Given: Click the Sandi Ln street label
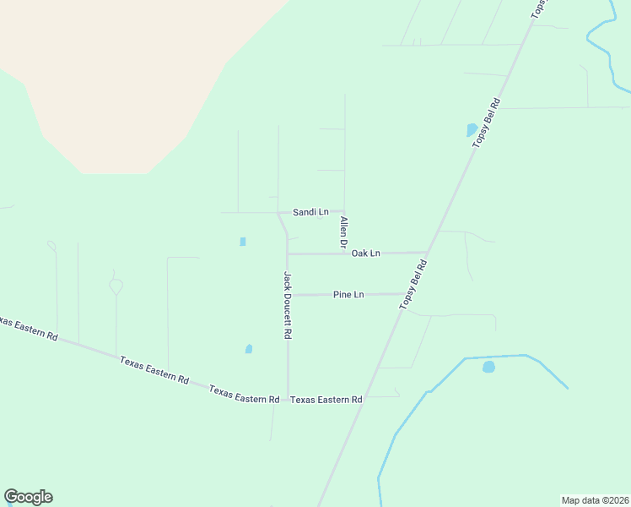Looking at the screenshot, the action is click(x=310, y=212).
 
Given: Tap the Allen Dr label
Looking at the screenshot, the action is click(x=343, y=232).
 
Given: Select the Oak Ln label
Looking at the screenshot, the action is click(x=366, y=253).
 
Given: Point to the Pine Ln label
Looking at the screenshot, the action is click(x=348, y=295).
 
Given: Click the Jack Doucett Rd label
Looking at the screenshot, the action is click(x=288, y=305).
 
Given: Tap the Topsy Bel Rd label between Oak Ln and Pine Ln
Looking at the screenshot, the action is click(x=414, y=284).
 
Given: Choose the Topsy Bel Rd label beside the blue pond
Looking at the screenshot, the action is click(x=487, y=123).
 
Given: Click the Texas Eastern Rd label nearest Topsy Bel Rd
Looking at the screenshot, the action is click(x=326, y=400).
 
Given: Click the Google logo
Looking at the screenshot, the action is click(x=28, y=497).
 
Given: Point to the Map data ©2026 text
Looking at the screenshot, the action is click(x=595, y=500).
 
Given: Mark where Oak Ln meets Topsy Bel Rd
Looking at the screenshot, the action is click(x=428, y=253).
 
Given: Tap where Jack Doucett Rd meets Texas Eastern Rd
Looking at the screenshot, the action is click(x=288, y=398).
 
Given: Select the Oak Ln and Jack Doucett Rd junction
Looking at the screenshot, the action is click(x=288, y=253).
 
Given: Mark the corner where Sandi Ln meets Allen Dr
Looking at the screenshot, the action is click(x=344, y=211).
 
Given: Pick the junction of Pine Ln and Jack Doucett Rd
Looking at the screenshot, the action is click(x=288, y=295).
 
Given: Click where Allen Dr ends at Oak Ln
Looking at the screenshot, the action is click(x=344, y=253).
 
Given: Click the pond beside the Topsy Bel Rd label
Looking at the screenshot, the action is click(x=472, y=130).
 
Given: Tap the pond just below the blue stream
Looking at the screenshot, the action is click(x=488, y=367).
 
